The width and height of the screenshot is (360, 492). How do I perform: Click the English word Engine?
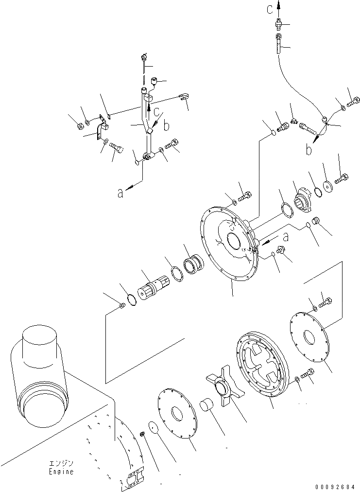[x=61, y=472]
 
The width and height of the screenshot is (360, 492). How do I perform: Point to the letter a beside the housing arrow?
[x=286, y=237]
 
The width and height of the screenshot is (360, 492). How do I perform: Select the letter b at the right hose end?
[x=308, y=150]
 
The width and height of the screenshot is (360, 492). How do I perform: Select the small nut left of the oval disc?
[x=143, y=433]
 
